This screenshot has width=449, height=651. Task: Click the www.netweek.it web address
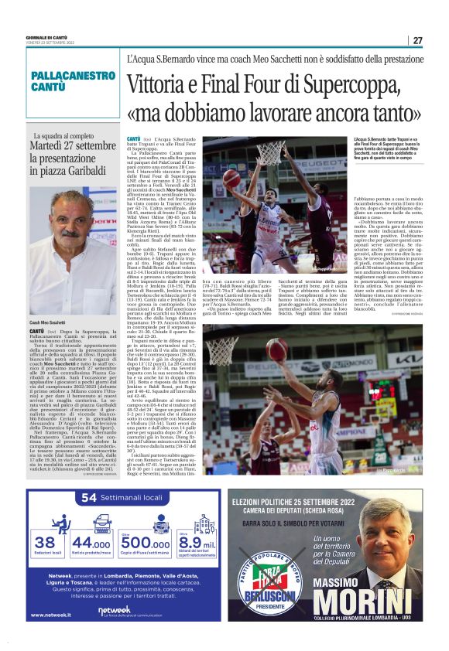pyautogui.click(x=53, y=615)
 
